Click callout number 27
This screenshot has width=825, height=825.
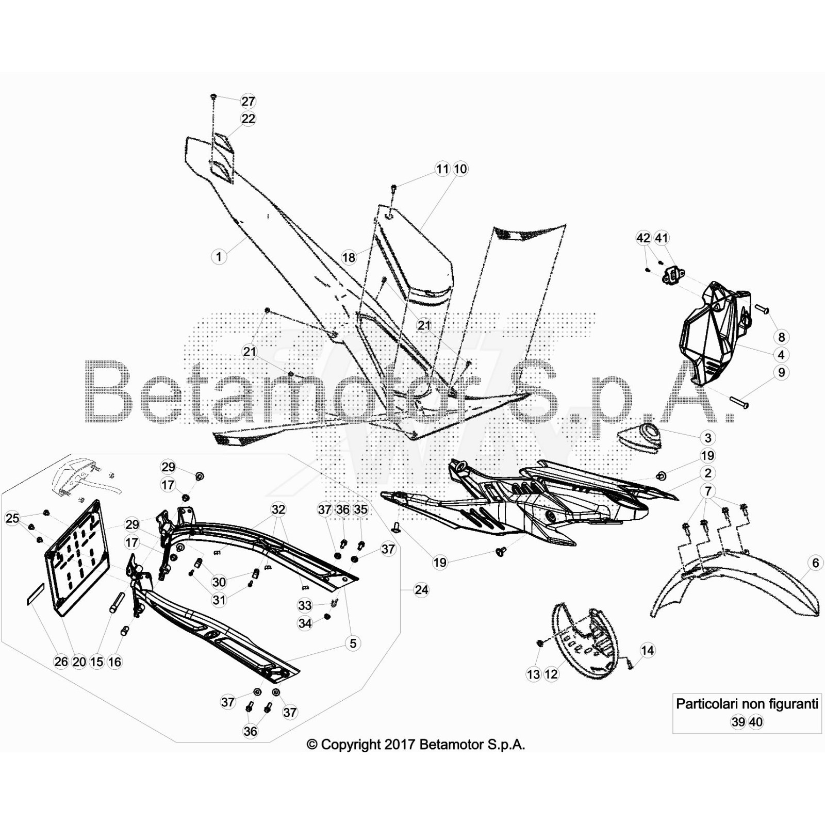(248, 102)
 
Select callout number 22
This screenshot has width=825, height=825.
(248, 119)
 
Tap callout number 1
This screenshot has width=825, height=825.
(219, 256)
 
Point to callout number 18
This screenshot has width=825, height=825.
(349, 257)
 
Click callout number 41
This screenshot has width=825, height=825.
(661, 238)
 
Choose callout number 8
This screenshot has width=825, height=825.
(782, 337)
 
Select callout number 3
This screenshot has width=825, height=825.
(708, 438)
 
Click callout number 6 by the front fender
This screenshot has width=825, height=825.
(815, 563)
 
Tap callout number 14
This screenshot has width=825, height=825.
(647, 651)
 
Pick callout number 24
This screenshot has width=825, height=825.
(421, 590)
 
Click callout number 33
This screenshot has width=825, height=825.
(305, 605)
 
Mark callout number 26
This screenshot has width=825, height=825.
(61, 662)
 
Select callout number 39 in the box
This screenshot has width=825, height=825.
(738, 722)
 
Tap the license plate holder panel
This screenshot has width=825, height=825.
(77, 557)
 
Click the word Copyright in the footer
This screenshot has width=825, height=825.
(350, 745)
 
